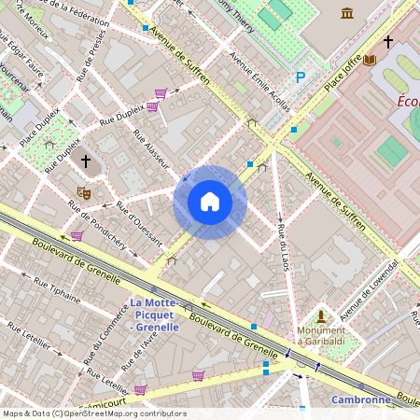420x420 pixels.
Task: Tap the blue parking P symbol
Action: (300, 78)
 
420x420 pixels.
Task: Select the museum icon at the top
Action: (347, 12)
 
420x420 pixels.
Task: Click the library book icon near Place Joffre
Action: (370, 60)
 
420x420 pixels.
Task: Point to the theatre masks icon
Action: (83, 193)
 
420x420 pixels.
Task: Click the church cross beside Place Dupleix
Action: (86, 161)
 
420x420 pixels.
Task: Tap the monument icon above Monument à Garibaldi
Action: (321, 316)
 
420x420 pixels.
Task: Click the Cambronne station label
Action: (360, 399)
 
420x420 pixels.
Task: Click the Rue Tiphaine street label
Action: (58, 290)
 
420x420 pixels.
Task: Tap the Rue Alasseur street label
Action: (150, 149)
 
